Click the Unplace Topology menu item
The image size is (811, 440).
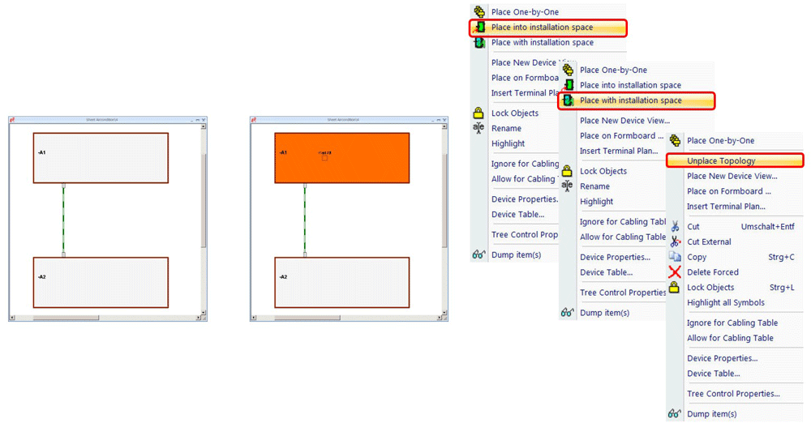pos(721,161)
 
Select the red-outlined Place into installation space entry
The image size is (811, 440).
pos(542,28)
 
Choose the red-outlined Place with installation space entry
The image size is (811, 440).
pos(630,100)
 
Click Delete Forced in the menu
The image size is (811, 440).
pos(712,272)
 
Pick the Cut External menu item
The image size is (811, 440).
pos(709,241)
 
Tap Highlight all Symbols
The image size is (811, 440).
pos(725,302)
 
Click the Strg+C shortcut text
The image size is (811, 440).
pos(781,257)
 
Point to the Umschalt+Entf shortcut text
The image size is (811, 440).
pos(767,227)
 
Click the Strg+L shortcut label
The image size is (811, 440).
pos(781,288)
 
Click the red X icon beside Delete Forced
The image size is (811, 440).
pos(675,272)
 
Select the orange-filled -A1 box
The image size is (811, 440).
pos(341,158)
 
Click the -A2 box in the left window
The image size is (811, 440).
pos(101,282)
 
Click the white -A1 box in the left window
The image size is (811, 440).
pos(101,158)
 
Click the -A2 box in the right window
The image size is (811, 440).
pos(341,282)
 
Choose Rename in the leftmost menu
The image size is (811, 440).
pos(506,128)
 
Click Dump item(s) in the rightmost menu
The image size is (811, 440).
pos(711,414)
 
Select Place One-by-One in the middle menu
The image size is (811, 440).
pos(614,70)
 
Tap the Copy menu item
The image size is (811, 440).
pos(697,257)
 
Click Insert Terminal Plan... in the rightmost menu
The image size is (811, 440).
pos(726,207)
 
